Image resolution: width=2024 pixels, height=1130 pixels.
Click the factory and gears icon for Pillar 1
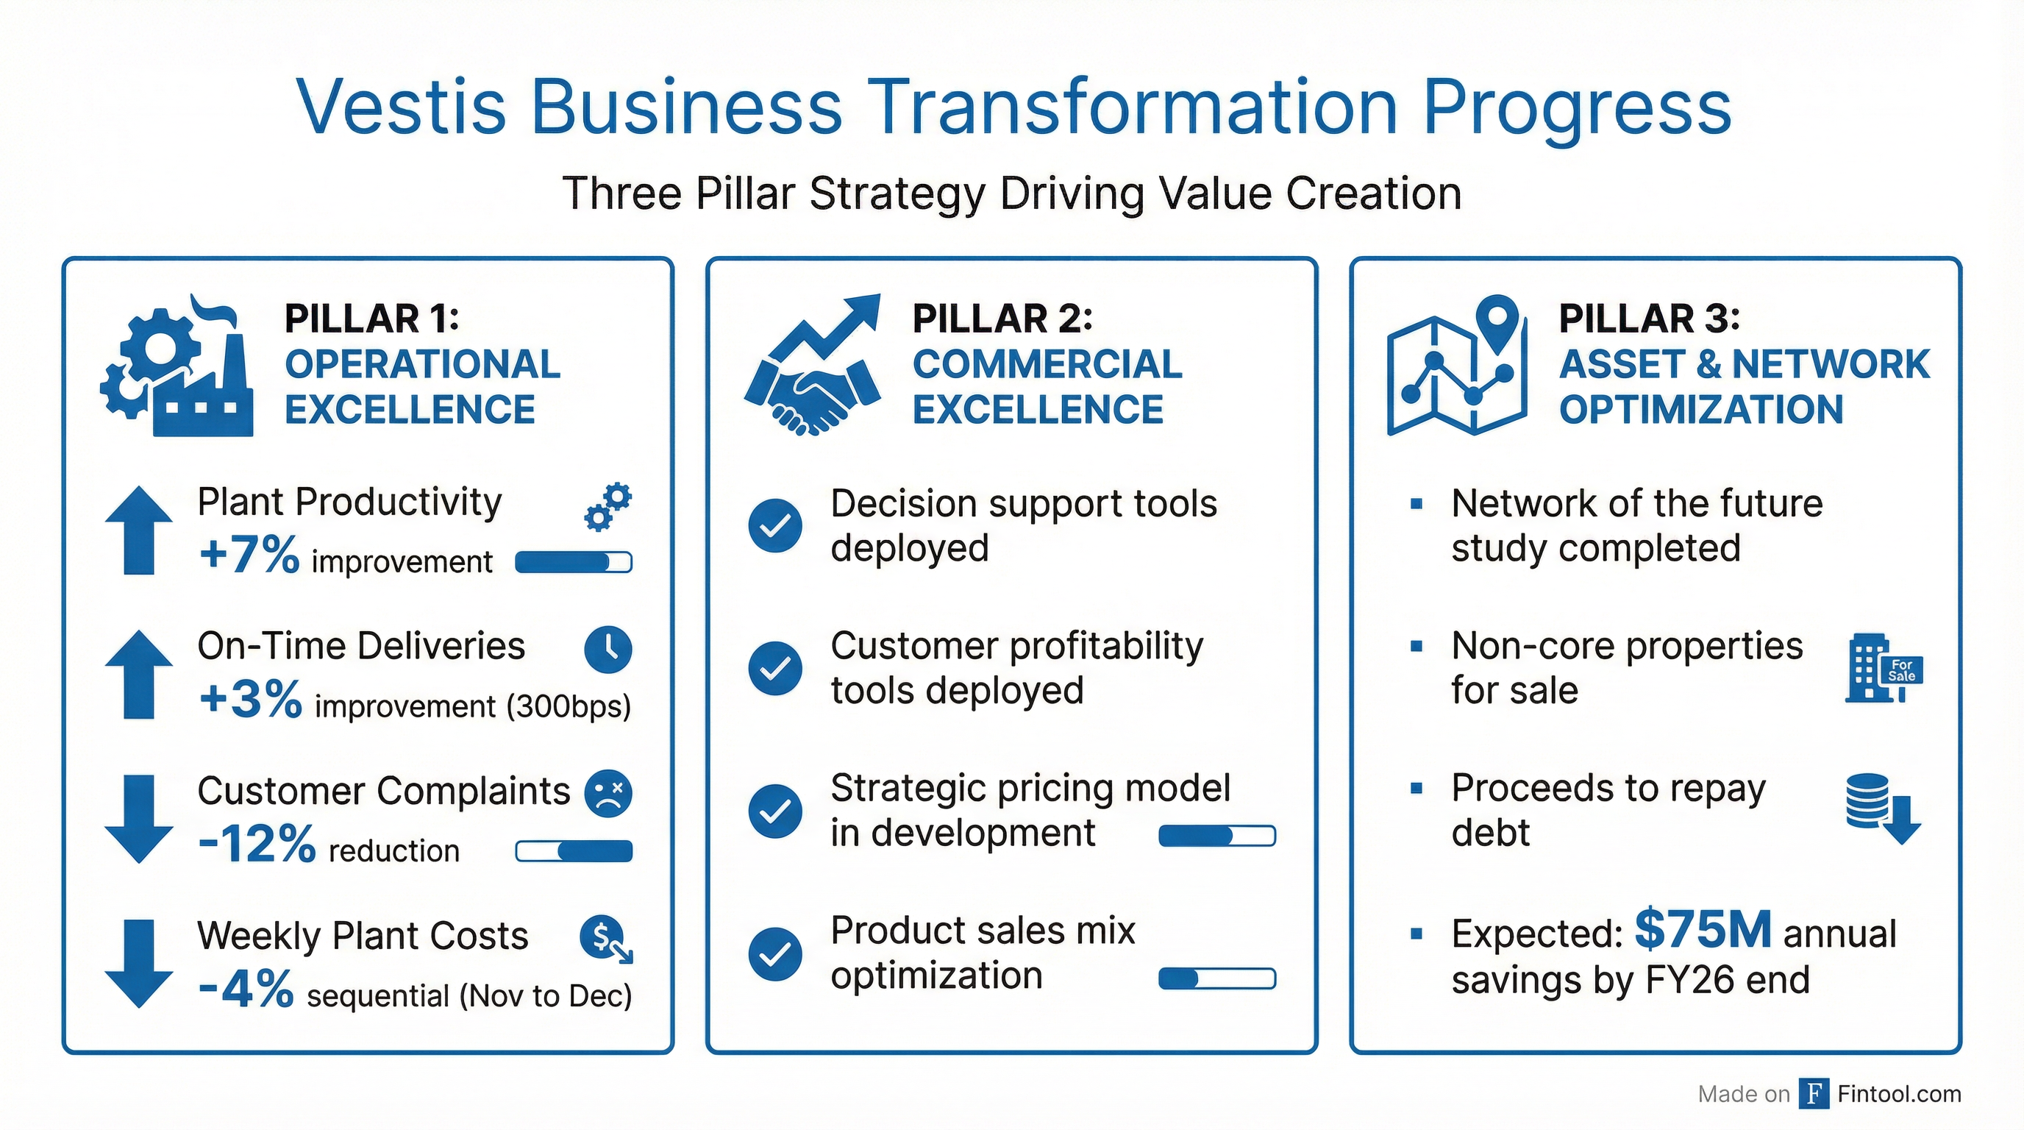(177, 366)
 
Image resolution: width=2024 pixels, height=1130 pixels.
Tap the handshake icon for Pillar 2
(813, 365)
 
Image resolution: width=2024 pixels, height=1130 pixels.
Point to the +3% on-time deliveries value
(250, 699)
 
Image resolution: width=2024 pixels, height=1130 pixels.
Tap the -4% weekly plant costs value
(246, 989)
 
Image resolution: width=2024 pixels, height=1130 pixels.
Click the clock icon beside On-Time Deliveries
(608, 649)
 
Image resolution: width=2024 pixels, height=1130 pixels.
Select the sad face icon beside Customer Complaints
(608, 794)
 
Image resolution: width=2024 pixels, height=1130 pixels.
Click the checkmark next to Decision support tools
(775, 525)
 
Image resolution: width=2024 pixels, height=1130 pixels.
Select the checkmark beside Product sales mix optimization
(775, 954)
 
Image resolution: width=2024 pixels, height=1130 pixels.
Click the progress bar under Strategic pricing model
(1217, 835)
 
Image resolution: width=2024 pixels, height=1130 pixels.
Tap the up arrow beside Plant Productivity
(139, 530)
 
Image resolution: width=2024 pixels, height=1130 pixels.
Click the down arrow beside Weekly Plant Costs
(139, 964)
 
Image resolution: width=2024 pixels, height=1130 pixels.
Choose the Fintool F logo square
(1814, 1093)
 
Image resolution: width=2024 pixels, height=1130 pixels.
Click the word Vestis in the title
(402, 106)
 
